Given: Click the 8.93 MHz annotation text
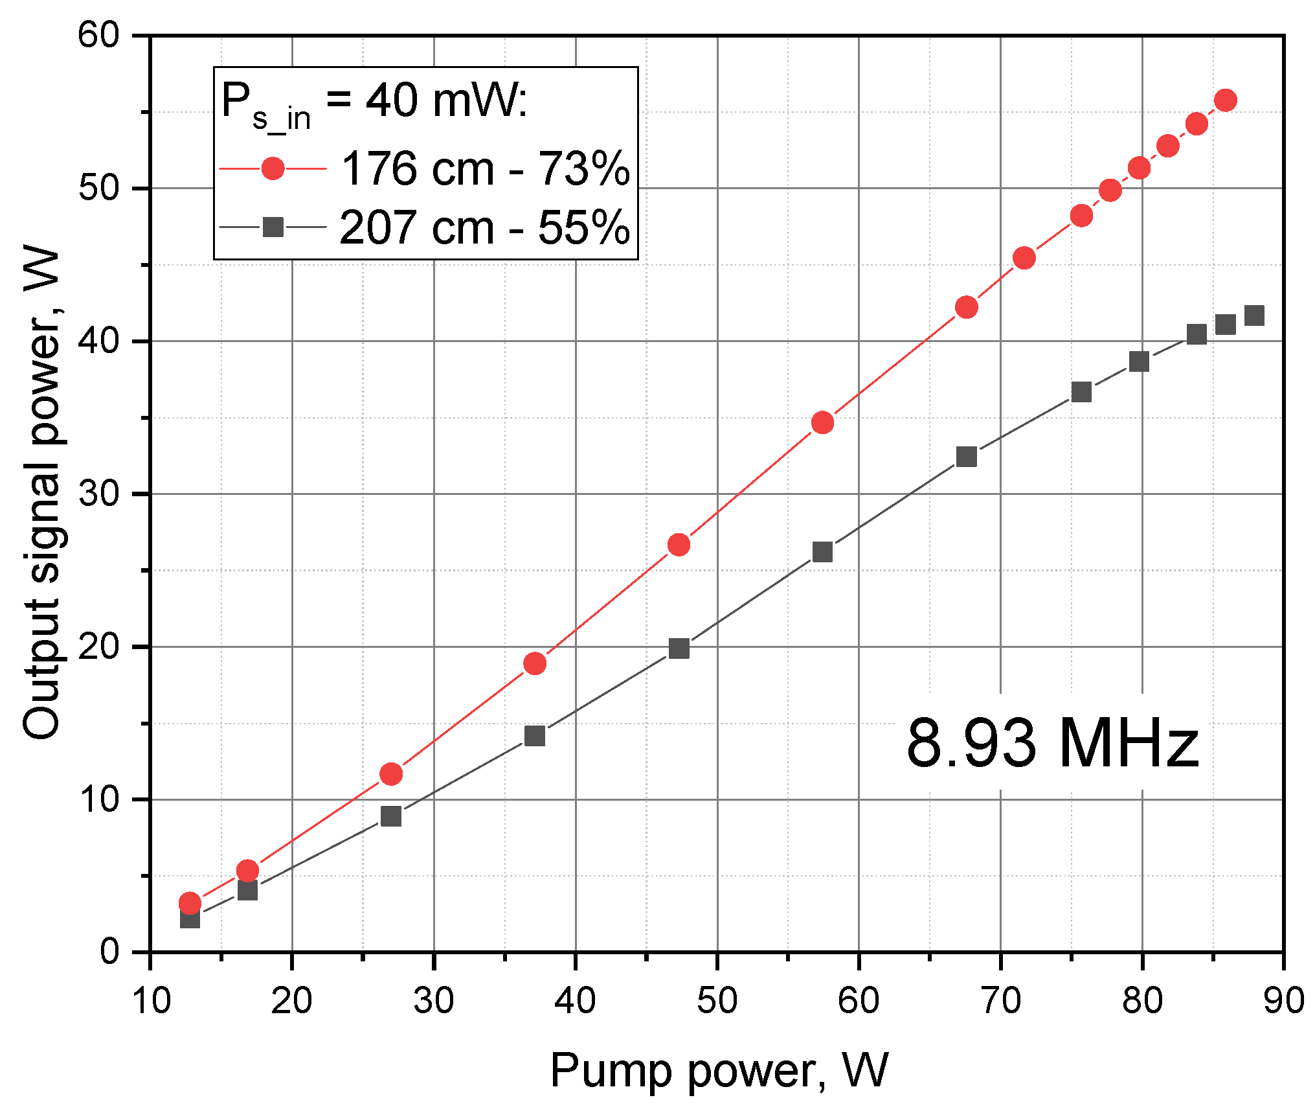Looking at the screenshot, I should (1051, 744).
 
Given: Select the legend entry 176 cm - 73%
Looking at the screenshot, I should (484, 169).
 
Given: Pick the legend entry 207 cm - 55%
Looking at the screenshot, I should (484, 227).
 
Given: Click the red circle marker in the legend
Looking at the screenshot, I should (273, 169).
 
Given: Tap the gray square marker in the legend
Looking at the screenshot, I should (273, 227).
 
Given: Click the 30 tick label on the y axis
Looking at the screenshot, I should (98, 494).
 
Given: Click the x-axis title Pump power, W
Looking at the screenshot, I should (719, 1070).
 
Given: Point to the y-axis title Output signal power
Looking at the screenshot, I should (41, 492).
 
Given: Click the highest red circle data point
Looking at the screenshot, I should (1225, 100).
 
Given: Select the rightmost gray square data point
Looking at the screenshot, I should (1254, 316).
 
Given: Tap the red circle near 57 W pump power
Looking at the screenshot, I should (822, 423).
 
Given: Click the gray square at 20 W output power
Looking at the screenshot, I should (679, 648).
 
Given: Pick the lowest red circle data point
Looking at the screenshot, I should (190, 902).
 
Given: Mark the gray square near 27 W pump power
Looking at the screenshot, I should (391, 816).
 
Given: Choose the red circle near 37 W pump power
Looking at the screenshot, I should (535, 663).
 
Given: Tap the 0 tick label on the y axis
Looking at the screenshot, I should (110, 952).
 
